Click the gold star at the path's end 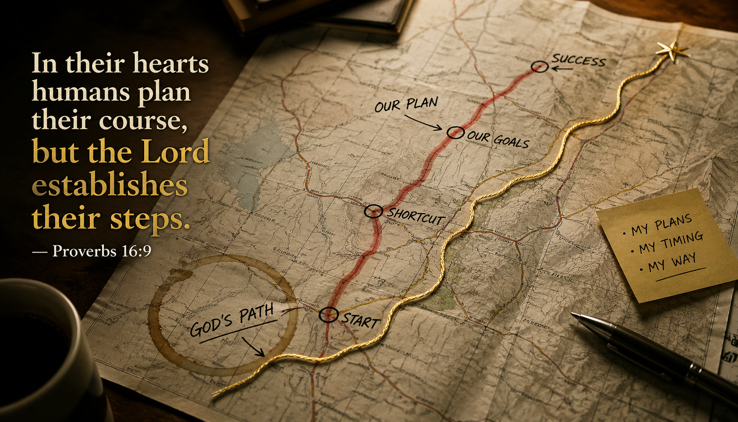coord(672,51)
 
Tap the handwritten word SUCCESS coord(578,60)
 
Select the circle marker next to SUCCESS coord(539,67)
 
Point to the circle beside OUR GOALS coord(455,132)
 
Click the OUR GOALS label coord(498,139)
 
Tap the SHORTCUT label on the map coord(415,216)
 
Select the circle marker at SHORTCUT coord(373,211)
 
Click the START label coord(361,321)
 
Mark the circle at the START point coord(328,315)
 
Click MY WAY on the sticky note coord(672,262)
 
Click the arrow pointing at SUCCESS coord(562,69)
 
